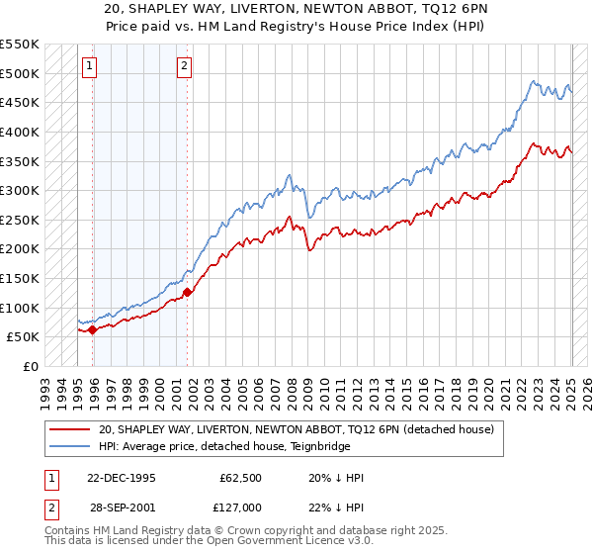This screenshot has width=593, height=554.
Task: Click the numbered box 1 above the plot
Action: click(89, 66)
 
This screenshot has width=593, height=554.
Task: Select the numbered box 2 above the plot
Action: click(185, 66)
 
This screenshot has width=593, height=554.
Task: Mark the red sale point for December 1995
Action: click(93, 329)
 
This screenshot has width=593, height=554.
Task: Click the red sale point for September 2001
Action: click(187, 291)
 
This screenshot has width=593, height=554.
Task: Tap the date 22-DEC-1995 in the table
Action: click(122, 478)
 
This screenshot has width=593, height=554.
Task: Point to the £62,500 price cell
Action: click(238, 478)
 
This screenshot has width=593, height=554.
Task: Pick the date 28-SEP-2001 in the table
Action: click(121, 508)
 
